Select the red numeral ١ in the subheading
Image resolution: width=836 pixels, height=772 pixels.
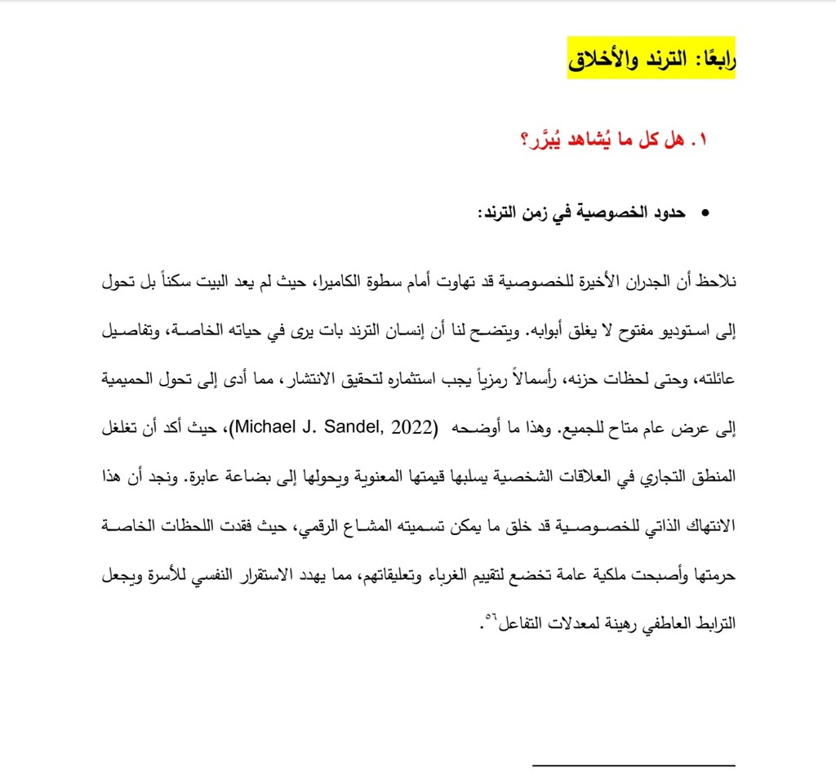coord(700,140)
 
